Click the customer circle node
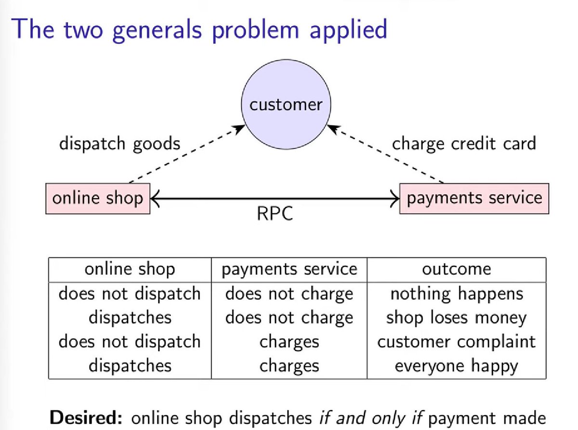click(286, 105)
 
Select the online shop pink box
click(97, 198)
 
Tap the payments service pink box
click(474, 198)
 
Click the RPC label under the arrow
click(275, 214)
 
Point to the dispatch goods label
click(119, 144)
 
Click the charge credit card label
click(463, 144)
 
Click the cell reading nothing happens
click(456, 294)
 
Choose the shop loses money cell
click(456, 318)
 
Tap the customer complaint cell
click(456, 341)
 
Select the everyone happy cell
click(456, 365)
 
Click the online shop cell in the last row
click(130, 365)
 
